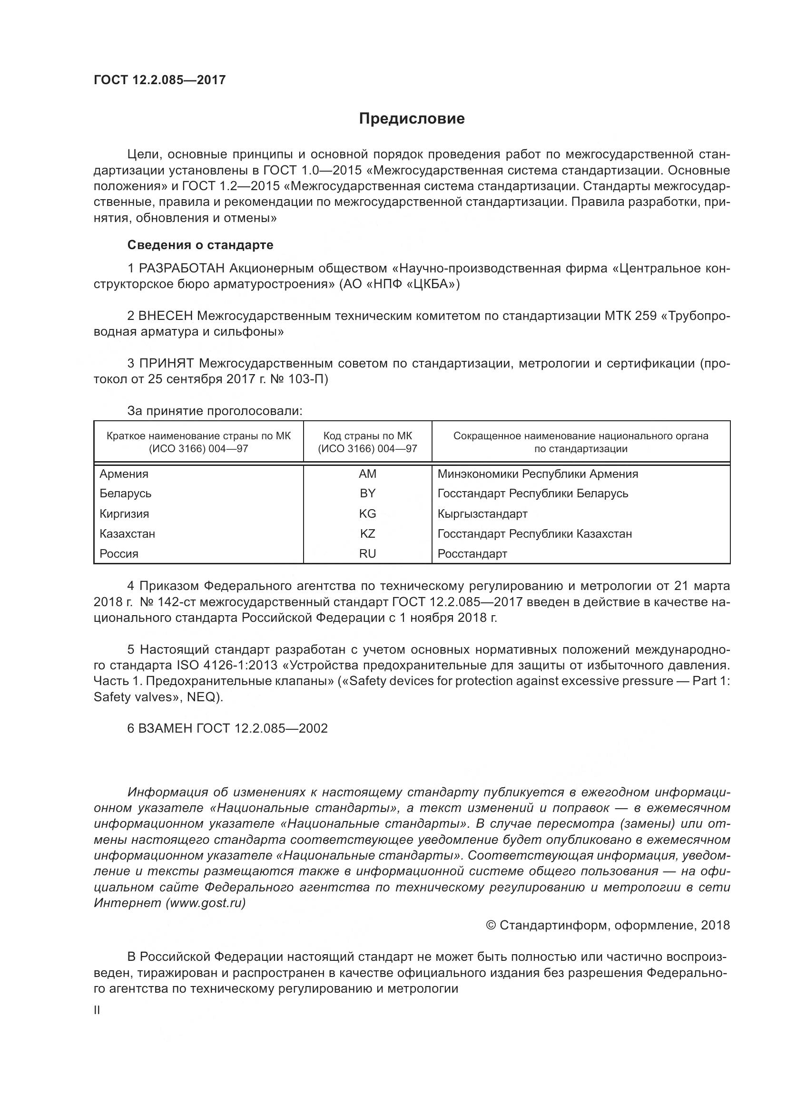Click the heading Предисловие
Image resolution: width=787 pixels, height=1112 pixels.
coord(412,119)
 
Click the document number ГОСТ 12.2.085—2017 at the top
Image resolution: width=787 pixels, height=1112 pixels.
coord(159,80)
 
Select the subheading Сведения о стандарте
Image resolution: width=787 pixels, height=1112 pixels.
coord(200,245)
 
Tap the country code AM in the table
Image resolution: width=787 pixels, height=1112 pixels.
coord(367,474)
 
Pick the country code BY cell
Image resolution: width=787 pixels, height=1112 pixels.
coord(367,493)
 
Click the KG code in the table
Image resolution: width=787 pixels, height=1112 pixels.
coord(367,513)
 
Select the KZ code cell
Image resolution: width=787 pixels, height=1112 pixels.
coord(367,534)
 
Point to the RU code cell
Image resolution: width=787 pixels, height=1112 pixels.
coord(367,553)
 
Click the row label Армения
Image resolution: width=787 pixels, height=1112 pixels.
coord(124,474)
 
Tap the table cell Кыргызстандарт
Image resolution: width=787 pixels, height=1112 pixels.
coord(482,513)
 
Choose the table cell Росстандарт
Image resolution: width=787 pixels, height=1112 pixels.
coord(472,553)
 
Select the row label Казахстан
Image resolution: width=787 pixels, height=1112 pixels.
coord(128,534)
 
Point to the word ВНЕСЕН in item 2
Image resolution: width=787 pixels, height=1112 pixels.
coord(166,316)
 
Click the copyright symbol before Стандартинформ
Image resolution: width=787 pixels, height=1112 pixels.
coord(491,926)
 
